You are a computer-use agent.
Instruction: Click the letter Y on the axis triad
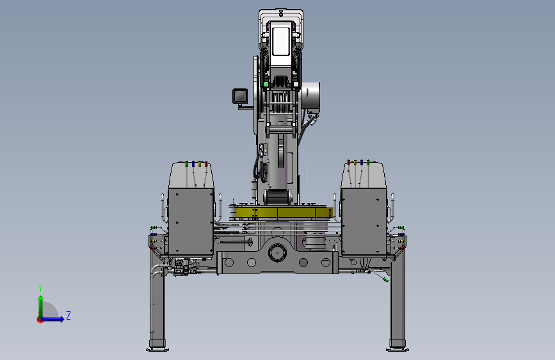click(40, 288)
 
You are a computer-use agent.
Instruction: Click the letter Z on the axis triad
click(68, 315)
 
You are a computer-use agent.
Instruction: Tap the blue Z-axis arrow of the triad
click(52, 319)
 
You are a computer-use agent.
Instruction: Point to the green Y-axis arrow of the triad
click(41, 307)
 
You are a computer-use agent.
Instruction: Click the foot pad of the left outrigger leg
click(157, 350)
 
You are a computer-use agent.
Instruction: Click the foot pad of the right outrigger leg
click(397, 350)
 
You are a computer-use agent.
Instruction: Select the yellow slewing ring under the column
click(284, 213)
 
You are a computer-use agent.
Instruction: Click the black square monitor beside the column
click(239, 96)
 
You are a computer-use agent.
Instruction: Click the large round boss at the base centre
click(277, 252)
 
